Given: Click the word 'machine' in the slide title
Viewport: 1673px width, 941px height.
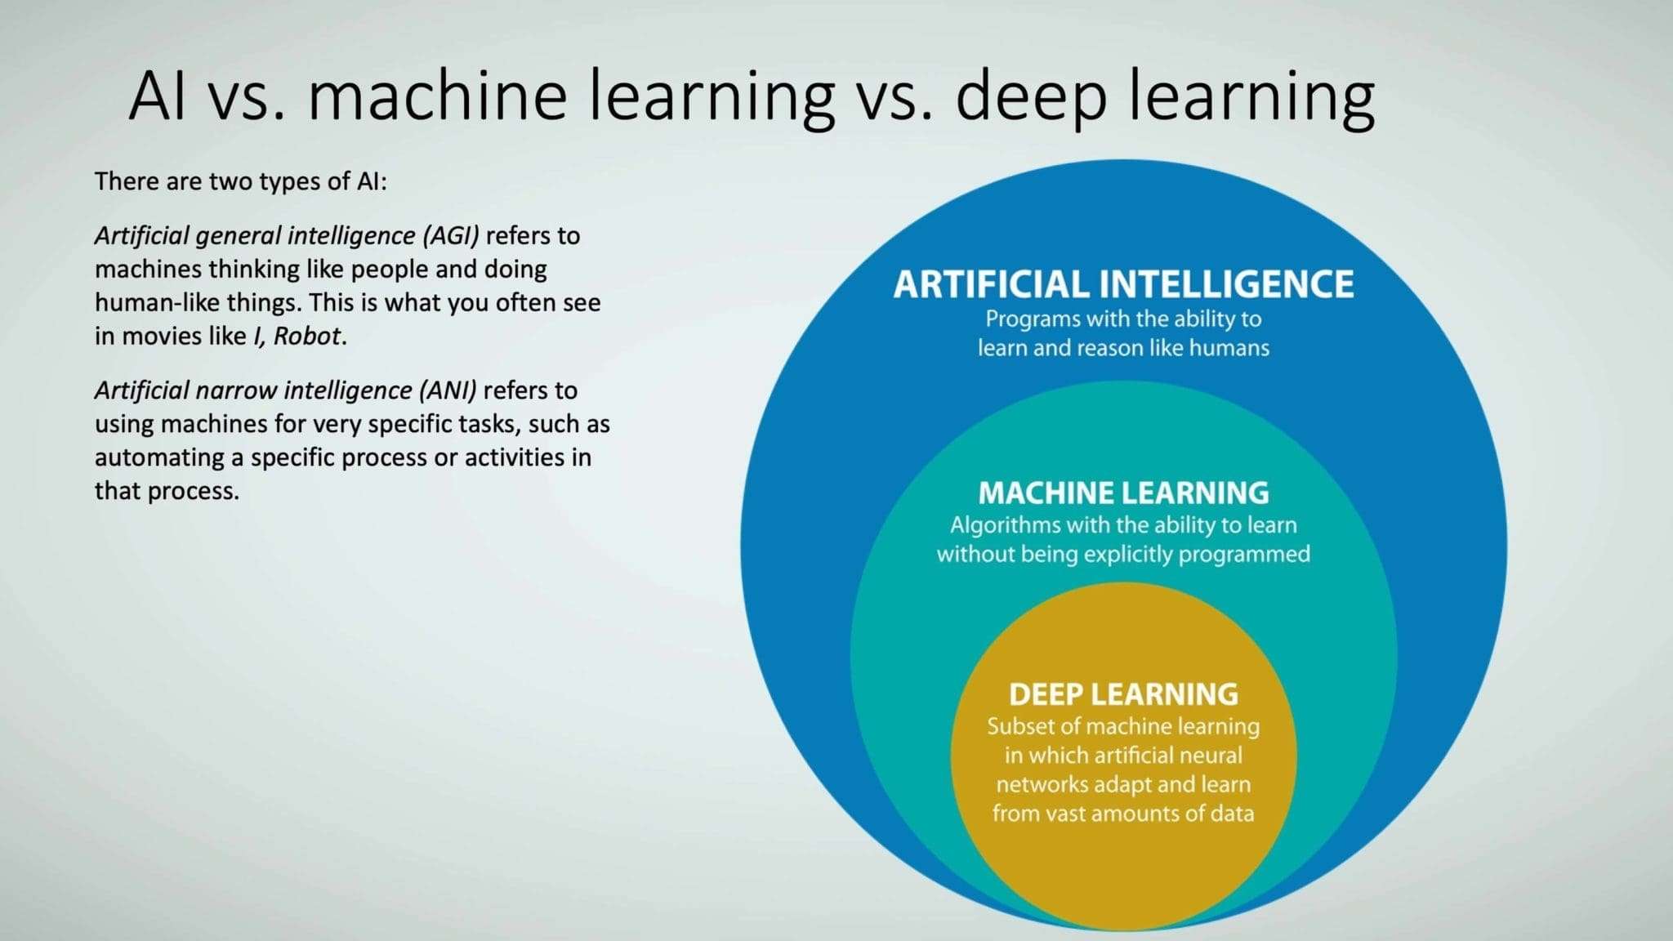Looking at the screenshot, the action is click(x=438, y=96).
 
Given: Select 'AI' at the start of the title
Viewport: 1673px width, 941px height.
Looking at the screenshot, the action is click(x=157, y=96).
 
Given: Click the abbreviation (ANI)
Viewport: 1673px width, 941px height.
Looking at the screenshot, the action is click(x=448, y=390).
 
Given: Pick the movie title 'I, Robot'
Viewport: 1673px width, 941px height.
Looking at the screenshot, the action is click(x=297, y=337).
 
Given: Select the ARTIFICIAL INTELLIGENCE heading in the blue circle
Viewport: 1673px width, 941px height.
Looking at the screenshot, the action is click(x=1123, y=284).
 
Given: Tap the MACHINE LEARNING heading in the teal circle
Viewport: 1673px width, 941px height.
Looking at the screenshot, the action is click(x=1123, y=493).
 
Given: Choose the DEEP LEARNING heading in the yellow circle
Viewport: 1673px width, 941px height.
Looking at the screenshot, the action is click(x=1123, y=694).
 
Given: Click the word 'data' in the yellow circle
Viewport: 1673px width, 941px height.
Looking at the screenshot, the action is click(x=1231, y=814).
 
